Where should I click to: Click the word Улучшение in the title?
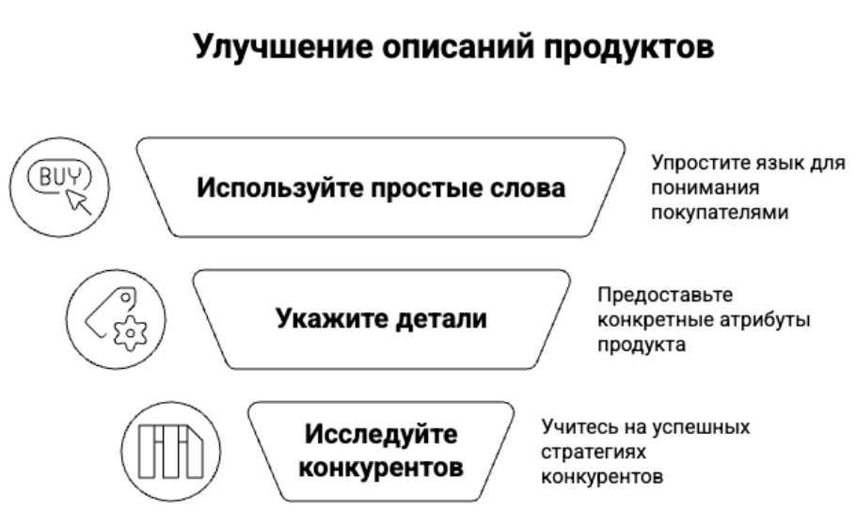point(283,47)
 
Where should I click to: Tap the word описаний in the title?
point(457,47)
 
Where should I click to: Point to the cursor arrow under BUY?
point(77,201)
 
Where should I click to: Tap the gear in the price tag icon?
point(131,332)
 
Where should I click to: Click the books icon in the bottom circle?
point(170,452)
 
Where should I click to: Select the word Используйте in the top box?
point(280,188)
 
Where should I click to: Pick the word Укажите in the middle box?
point(331,319)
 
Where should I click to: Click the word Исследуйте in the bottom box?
point(381,435)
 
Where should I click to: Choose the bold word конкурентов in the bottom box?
point(381,468)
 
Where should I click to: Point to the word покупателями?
point(720,213)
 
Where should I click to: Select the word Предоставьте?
point(665,295)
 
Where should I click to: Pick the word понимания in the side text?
point(705,188)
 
